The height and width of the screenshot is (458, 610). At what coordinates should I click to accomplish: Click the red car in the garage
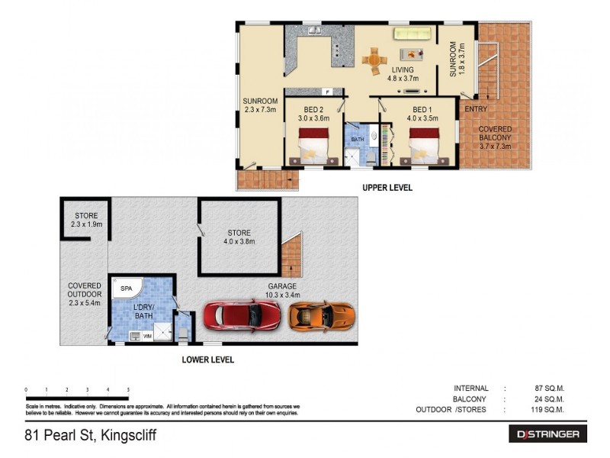242,314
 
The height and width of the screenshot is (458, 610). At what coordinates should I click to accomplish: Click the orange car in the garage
322,314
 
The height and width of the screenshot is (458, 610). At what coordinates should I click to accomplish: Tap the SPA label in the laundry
127,289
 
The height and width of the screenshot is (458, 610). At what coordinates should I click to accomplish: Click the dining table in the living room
374,60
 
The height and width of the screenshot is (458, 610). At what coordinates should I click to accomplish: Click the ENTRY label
476,110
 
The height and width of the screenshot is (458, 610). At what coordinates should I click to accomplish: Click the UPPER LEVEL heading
387,188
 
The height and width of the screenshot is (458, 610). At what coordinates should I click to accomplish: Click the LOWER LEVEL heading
207,360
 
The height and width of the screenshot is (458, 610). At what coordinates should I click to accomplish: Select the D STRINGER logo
547,434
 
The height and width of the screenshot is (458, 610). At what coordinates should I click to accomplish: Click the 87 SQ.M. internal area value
549,388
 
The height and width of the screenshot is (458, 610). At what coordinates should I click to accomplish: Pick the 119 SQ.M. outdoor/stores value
547,410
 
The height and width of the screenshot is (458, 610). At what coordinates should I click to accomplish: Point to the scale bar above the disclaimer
76,397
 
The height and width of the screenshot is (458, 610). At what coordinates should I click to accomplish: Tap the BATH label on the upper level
357,140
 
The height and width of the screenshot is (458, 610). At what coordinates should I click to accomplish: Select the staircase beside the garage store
291,256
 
